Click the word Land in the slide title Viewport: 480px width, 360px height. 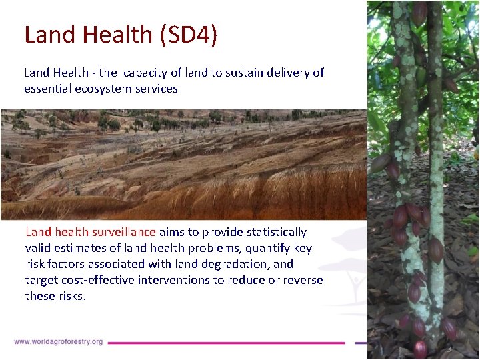pyautogui.click(x=49, y=35)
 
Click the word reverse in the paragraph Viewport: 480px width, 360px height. pyautogui.click(x=303, y=280)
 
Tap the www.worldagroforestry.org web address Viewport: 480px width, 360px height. pyautogui.click(x=58, y=342)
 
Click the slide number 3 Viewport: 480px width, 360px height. pyautogui.click(x=449, y=349)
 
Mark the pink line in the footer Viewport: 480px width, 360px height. pyautogui.click(x=227, y=343)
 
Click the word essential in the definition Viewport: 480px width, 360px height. pyautogui.click(x=47, y=89)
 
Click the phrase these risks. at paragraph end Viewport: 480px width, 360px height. pyautogui.click(x=55, y=296)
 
